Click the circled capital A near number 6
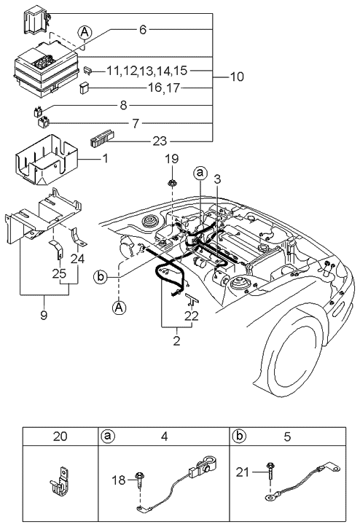click(85, 31)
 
